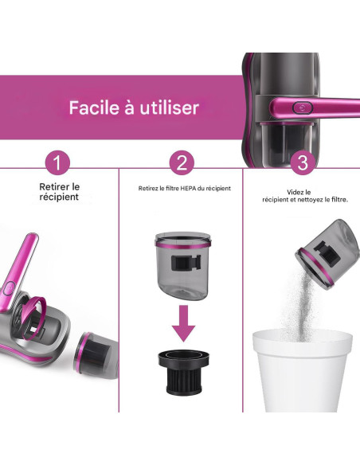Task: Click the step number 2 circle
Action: coord(182,163)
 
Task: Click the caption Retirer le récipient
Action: coord(61,192)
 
